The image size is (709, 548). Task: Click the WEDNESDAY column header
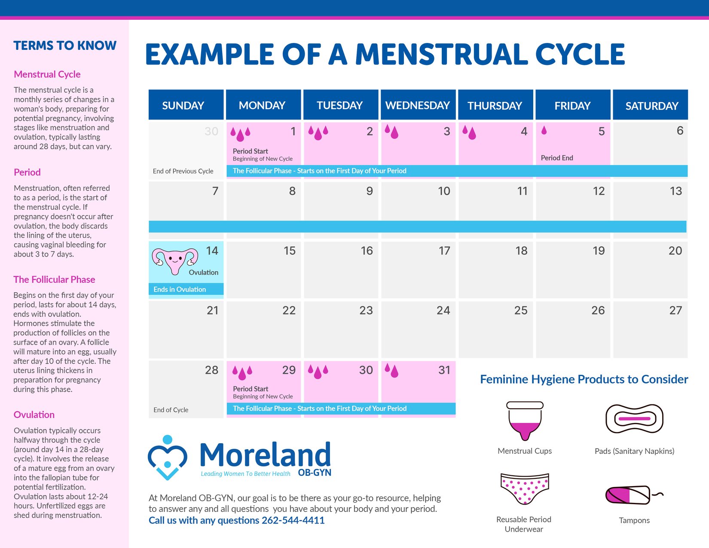pos(417,105)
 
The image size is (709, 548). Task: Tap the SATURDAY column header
pos(651,106)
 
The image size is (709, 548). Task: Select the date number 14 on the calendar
pos(212,251)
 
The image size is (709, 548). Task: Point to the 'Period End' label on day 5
pos(556,158)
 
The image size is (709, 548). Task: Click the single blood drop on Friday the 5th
pos(544,131)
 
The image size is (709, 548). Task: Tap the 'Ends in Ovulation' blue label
pos(180,289)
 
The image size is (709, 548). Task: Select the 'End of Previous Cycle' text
pos(183,171)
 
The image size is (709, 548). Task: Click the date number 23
pos(366,310)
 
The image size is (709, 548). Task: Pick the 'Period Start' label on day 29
pos(251,389)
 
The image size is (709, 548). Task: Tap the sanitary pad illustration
pos(634,419)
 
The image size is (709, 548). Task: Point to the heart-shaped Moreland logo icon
pos(167,457)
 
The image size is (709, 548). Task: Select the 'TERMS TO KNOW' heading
pos(65,46)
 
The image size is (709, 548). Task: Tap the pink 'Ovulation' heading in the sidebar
pos(34,415)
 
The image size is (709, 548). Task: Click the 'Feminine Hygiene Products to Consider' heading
pos(584,379)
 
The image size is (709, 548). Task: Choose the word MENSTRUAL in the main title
pos(442,55)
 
